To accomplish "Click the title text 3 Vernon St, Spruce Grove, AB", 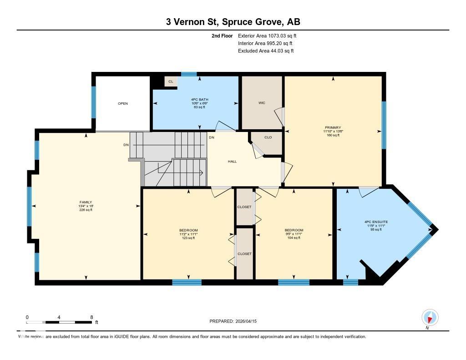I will pos(233,22).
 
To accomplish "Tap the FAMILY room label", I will pos(86,202).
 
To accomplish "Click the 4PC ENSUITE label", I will pos(375,222).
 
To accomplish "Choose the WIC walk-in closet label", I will pos(262,103).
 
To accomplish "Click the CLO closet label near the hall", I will pos(268,137).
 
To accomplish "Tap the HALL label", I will pos(232,162).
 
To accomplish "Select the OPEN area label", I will pos(123,103).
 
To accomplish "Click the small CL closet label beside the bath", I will pos(171,82).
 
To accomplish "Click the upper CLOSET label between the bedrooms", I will pos(244,207).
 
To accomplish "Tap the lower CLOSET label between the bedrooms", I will pos(244,254).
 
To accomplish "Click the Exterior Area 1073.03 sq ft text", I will pos(268,35).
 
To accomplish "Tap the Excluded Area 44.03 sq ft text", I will pos(266,51).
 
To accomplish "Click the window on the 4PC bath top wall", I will pos(189,74).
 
